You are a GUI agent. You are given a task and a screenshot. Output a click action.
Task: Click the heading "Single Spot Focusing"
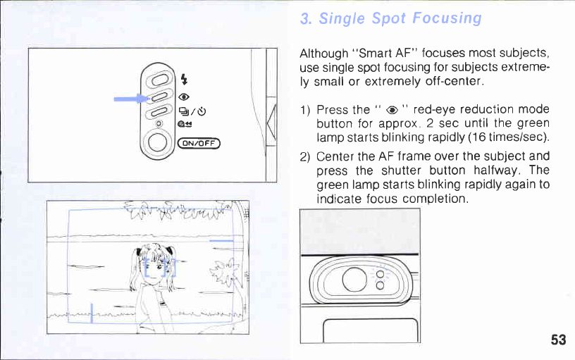click(x=400, y=18)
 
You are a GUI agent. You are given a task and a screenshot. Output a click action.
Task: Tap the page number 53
click(x=558, y=340)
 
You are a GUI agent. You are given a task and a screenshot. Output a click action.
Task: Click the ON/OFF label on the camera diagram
click(x=199, y=143)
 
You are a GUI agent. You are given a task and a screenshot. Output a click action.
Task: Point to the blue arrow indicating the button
click(x=131, y=99)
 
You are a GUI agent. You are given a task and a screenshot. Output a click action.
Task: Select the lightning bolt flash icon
click(x=184, y=79)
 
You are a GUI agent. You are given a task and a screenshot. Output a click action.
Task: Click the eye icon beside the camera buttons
click(x=184, y=97)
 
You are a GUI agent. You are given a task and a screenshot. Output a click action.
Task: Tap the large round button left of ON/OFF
click(x=158, y=142)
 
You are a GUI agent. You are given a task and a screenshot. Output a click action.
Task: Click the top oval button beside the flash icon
click(x=159, y=79)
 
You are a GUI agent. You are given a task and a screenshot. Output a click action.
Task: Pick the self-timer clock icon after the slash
click(x=202, y=111)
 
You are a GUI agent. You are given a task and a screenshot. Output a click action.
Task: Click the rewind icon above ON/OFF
click(x=185, y=124)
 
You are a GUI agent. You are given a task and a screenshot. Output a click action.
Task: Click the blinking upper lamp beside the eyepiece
click(x=381, y=274)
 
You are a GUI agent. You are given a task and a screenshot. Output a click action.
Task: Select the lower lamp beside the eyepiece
click(x=381, y=285)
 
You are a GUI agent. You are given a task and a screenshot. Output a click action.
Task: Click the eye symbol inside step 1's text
click(x=392, y=110)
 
